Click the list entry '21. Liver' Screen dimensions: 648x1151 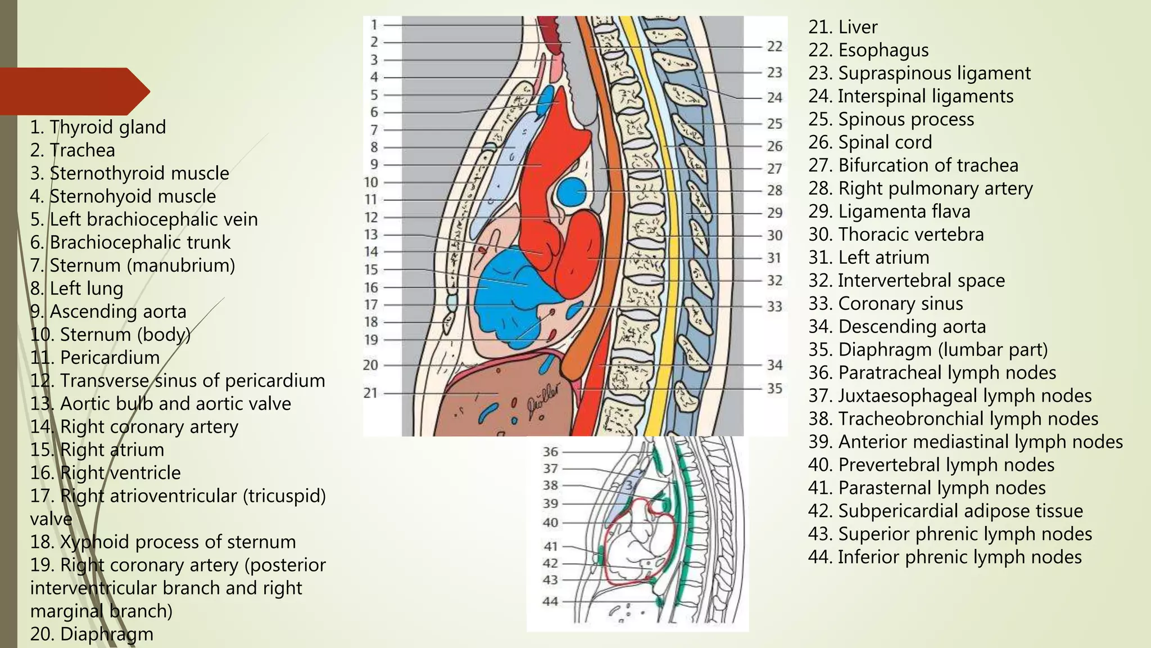842,27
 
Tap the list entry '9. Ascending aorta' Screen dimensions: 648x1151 108,312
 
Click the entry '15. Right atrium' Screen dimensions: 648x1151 97,450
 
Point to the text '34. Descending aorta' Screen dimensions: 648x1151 897,327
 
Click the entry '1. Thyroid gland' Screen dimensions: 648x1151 98,127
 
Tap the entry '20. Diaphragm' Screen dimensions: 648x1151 92,634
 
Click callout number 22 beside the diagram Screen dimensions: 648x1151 774,47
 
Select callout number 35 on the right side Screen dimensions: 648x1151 774,389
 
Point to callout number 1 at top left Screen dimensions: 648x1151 374,25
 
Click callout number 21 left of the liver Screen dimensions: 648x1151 370,393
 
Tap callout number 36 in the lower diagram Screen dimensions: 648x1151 550,452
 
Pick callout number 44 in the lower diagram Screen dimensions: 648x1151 550,601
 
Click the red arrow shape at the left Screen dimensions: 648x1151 73,91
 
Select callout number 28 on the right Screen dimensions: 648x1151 774,191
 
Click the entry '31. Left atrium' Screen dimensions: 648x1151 869,258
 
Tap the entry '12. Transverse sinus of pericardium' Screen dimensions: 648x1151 178,381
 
